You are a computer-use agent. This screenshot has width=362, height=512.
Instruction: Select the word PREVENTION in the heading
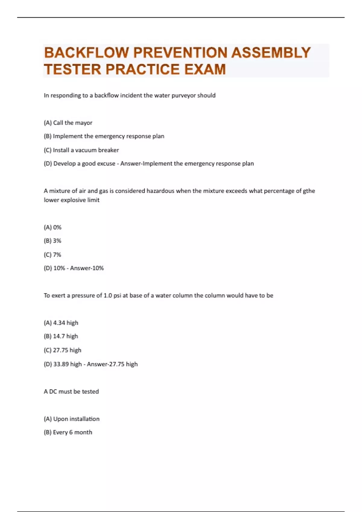pyautogui.click(x=180, y=53)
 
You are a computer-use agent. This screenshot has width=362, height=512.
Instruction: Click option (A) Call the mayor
pyautogui.click(x=68, y=123)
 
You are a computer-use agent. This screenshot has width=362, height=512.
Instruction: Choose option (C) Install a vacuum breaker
pyautogui.click(x=81, y=150)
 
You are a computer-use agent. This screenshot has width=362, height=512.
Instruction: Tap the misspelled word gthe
pyautogui.click(x=309, y=191)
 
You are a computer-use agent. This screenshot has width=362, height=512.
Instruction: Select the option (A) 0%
pyautogui.click(x=52, y=227)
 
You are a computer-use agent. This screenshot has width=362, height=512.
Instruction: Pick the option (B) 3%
pyautogui.click(x=52, y=241)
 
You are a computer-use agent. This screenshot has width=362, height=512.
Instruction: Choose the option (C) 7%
pyautogui.click(x=52, y=255)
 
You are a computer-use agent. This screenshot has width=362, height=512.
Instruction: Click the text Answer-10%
pyautogui.click(x=87, y=268)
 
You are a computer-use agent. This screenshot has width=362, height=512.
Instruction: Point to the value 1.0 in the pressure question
pyautogui.click(x=108, y=295)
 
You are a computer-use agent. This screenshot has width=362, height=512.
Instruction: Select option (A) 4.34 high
pyautogui.click(x=61, y=323)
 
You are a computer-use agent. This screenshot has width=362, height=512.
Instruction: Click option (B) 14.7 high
pyautogui.click(x=61, y=336)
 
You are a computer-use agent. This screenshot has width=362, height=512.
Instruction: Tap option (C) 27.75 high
pyautogui.click(x=62, y=350)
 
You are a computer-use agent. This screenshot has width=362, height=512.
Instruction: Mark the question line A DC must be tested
pyautogui.click(x=71, y=392)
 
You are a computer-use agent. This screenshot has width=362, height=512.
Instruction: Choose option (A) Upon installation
pyautogui.click(x=71, y=419)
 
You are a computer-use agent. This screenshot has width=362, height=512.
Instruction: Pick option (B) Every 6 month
pyautogui.click(x=68, y=432)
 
